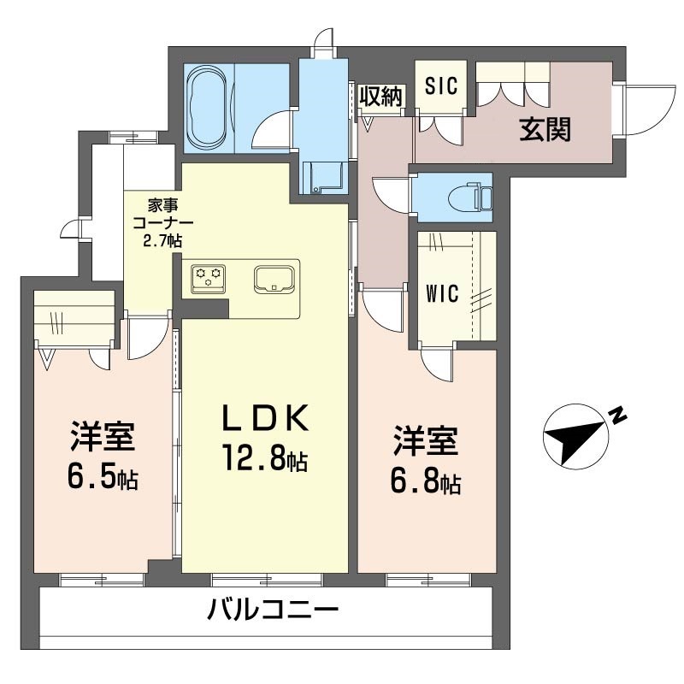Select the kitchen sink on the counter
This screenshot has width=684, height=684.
pos(274,279)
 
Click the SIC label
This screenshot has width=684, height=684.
pos(442,86)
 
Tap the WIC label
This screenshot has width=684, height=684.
pos(443,293)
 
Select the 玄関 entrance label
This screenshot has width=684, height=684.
pos(545,130)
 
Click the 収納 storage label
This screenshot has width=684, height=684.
pos(380,97)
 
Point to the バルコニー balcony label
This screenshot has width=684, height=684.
pos(274,610)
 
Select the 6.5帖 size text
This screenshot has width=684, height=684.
pos(102,477)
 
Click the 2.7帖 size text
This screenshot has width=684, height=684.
pos(162,240)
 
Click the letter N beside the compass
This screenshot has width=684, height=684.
pos(618,417)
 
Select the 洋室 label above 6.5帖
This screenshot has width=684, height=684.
pos(102,438)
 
